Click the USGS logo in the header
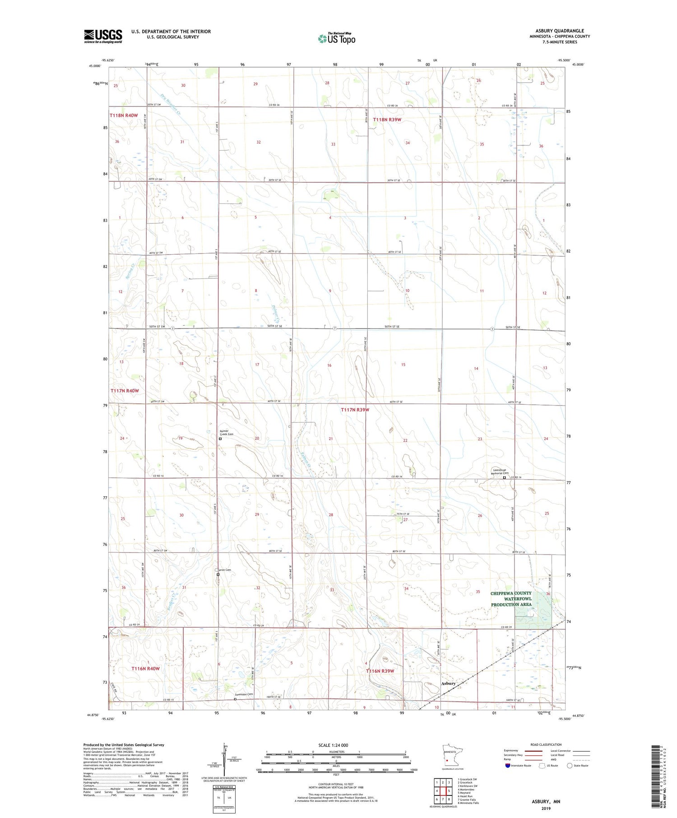click(103, 36)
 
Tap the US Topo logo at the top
click(337, 38)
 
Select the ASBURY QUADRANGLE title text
click(560, 31)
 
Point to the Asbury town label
click(448, 683)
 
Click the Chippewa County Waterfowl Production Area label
click(511, 599)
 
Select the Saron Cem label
click(223, 570)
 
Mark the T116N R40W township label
click(145, 668)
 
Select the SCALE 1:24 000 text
click(334, 745)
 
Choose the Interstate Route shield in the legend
click(507, 766)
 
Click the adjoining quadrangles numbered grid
click(443, 791)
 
